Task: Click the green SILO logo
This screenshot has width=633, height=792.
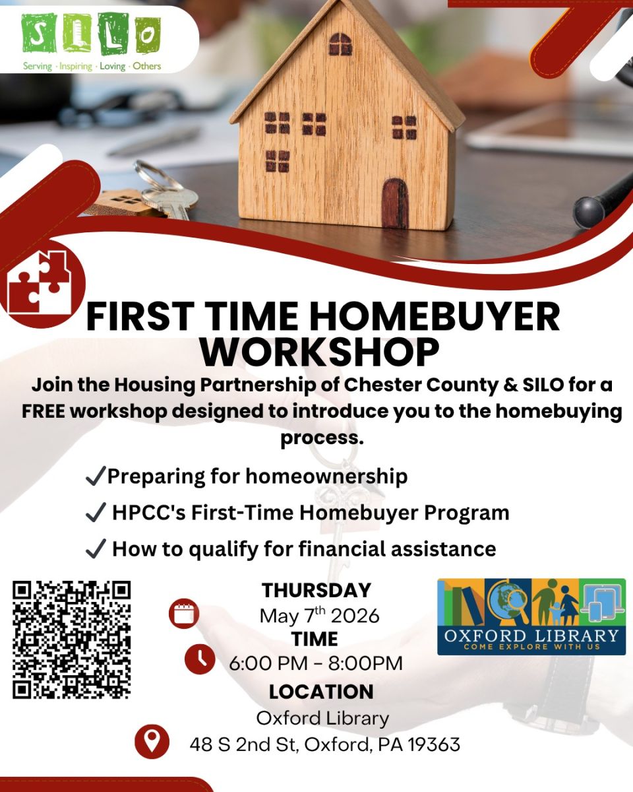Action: click(x=91, y=40)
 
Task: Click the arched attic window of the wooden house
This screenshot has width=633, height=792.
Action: click(x=340, y=44)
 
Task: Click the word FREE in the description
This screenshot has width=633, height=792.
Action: click(x=44, y=411)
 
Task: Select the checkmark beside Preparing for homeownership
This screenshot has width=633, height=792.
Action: click(x=96, y=476)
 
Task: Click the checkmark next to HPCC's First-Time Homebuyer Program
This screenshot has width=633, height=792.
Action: click(x=96, y=512)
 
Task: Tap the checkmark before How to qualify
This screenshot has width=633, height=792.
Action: click(x=96, y=548)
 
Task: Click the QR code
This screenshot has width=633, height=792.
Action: click(x=71, y=640)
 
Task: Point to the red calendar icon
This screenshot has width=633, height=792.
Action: click(x=184, y=614)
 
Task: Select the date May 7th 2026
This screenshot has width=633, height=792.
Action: click(x=319, y=615)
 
